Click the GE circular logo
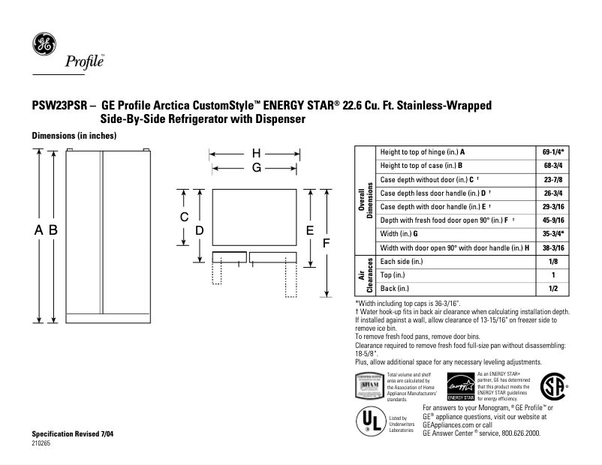click(x=42, y=44)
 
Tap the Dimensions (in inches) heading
click(x=73, y=136)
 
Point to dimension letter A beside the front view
click(x=38, y=231)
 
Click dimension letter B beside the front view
click(x=53, y=231)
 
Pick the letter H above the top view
click(x=256, y=153)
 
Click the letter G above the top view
click(x=256, y=168)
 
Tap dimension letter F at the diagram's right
click(x=326, y=243)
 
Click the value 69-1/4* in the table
click(x=553, y=151)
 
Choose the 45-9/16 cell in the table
click(x=553, y=220)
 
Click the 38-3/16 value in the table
click(x=553, y=247)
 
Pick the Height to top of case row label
click(x=421, y=165)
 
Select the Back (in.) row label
click(x=395, y=289)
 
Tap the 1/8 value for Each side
click(x=553, y=262)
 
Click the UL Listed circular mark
click(x=371, y=421)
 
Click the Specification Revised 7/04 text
click(x=74, y=435)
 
